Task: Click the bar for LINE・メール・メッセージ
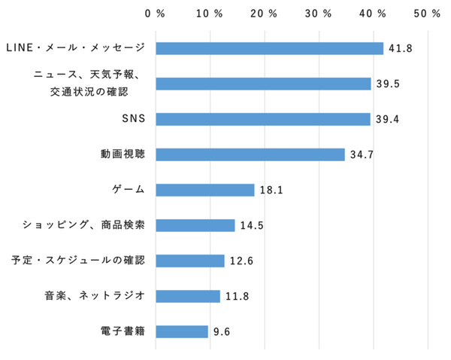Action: click(269, 48)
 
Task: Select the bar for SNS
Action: click(263, 119)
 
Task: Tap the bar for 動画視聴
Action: click(250, 154)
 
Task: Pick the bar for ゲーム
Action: click(205, 190)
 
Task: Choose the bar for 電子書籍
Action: click(182, 331)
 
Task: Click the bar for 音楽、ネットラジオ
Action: click(188, 296)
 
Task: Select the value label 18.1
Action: click(271, 191)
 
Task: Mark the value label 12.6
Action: click(241, 261)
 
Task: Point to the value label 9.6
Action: click(221, 332)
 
